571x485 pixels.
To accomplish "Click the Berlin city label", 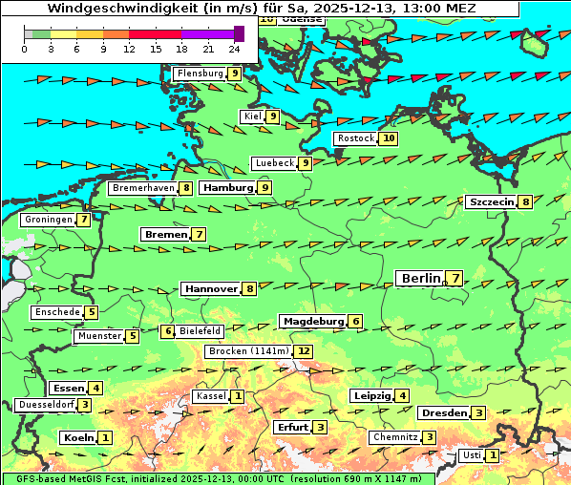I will [420, 278].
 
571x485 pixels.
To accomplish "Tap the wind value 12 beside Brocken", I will [304, 351].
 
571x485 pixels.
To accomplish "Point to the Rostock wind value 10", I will [388, 138].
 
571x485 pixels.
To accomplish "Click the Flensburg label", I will [200, 74].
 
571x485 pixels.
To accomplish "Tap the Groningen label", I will [49, 220].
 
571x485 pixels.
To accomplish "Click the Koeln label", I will [77, 437].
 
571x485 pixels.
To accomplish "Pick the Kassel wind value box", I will [237, 396].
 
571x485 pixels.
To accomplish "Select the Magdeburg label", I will [312, 321].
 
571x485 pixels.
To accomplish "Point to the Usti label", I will [472, 455].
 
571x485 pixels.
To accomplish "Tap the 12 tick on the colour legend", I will [129, 48].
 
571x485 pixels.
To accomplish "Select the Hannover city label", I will [210, 288].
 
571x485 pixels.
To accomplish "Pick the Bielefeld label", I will [201, 331].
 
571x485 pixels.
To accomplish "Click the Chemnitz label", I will [395, 437].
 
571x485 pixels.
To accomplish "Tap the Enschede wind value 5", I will [91, 312].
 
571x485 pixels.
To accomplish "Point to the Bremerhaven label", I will [143, 188].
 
